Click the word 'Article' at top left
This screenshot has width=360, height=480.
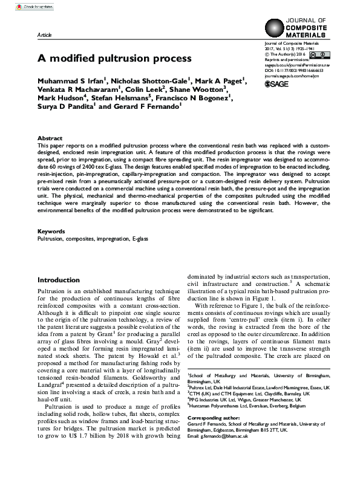(x=45, y=36)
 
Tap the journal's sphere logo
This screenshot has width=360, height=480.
(x=276, y=28)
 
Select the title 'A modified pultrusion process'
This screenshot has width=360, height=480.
(x=114, y=59)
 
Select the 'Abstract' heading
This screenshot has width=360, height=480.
(x=50, y=138)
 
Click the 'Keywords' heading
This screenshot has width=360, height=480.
(x=51, y=232)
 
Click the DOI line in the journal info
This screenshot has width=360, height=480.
(x=298, y=70)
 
